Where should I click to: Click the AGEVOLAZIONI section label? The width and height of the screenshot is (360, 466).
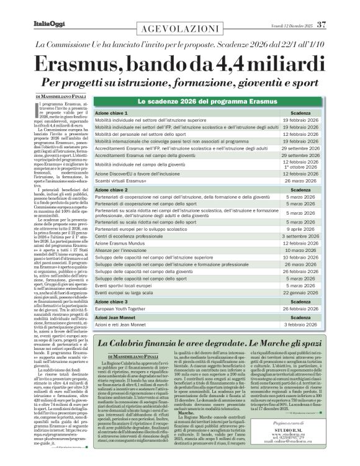pos(180,28)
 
